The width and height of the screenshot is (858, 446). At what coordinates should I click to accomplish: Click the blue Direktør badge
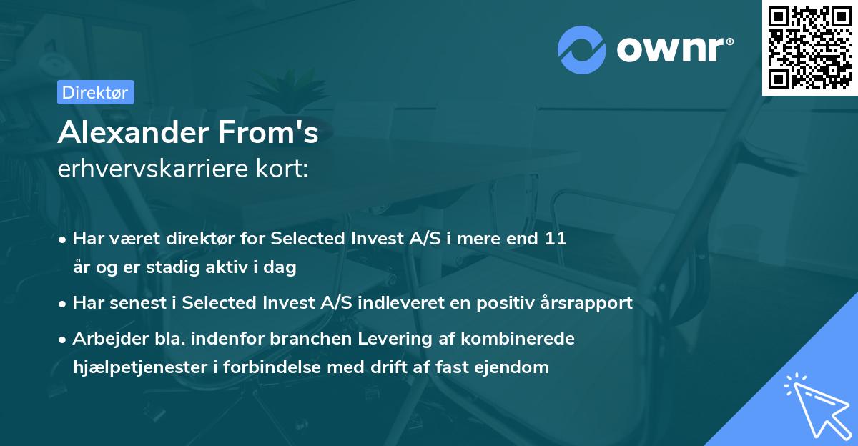[x=96, y=92]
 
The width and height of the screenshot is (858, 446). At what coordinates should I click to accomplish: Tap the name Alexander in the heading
[x=134, y=132]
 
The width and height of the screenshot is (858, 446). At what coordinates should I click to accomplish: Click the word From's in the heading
[x=268, y=132]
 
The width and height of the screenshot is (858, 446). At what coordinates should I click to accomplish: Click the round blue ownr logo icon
[x=582, y=50]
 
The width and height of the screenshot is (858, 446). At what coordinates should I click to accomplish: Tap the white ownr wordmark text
[x=671, y=50]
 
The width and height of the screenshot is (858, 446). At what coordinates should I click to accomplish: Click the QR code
[x=810, y=48]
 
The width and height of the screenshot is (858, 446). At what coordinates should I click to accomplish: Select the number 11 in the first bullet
[x=556, y=239]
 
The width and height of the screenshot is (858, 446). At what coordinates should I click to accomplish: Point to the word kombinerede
[x=518, y=338]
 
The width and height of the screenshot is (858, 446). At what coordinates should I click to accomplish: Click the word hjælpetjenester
[x=140, y=367]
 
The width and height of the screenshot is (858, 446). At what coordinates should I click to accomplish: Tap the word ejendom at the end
[x=511, y=367]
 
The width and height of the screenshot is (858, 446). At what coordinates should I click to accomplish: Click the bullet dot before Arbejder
[x=62, y=340]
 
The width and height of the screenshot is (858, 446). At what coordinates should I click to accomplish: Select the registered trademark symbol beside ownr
[x=730, y=41]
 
